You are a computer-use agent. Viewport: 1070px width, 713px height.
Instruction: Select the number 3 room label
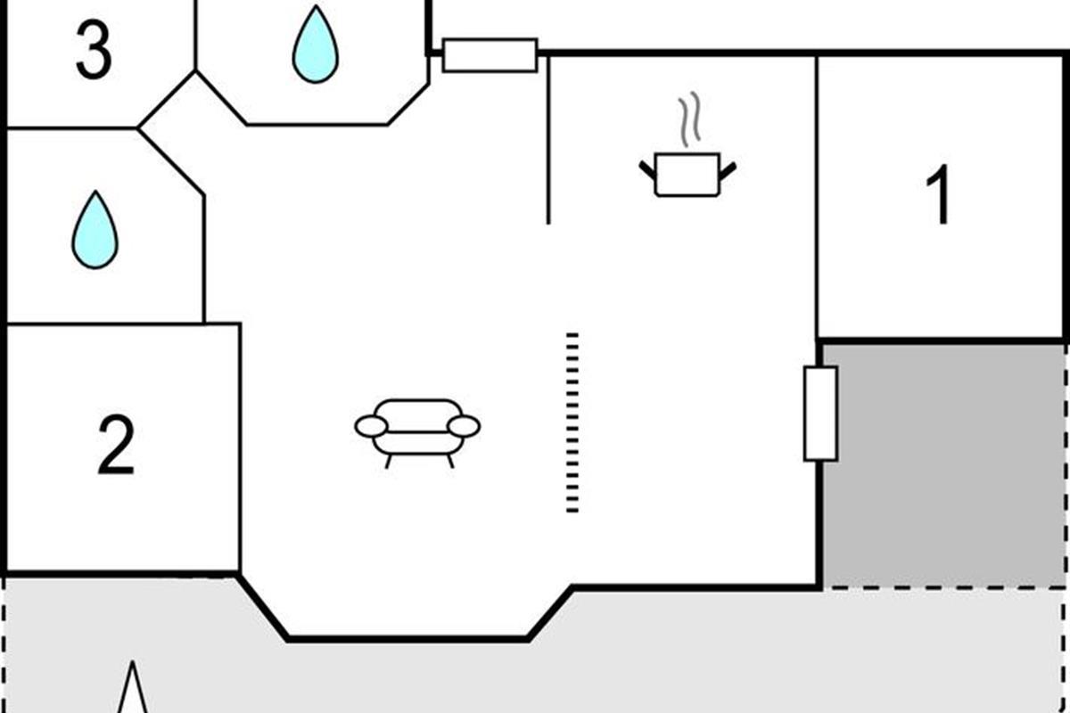[94, 52]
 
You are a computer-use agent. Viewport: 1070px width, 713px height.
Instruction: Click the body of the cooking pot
[687, 175]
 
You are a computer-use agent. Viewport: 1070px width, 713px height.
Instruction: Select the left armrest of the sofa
[371, 427]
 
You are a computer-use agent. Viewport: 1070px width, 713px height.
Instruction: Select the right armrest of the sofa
[464, 427]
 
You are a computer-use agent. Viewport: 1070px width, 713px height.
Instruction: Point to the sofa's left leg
[389, 461]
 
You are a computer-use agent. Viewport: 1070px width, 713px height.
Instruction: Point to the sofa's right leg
[449, 461]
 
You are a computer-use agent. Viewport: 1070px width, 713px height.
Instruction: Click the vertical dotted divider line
[572, 422]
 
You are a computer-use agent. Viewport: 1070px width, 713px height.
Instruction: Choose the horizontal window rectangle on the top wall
[490, 55]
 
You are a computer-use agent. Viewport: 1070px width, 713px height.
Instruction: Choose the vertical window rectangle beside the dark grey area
[820, 414]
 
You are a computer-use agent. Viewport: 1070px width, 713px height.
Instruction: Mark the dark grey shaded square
[943, 463]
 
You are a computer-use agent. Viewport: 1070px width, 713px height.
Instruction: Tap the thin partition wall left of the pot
[547, 138]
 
